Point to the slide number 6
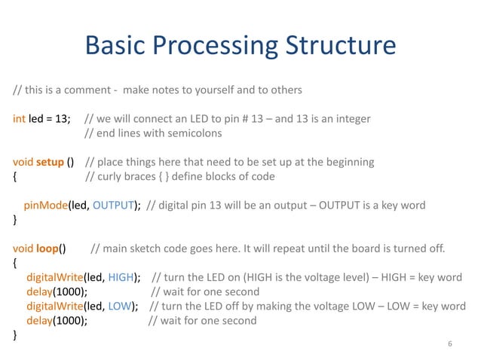pos(449,344)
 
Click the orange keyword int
pos(20,119)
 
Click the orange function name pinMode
pos(45,205)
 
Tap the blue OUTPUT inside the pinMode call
pos(115,205)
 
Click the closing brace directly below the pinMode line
pos(16,220)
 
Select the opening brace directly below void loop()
pos(16,263)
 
